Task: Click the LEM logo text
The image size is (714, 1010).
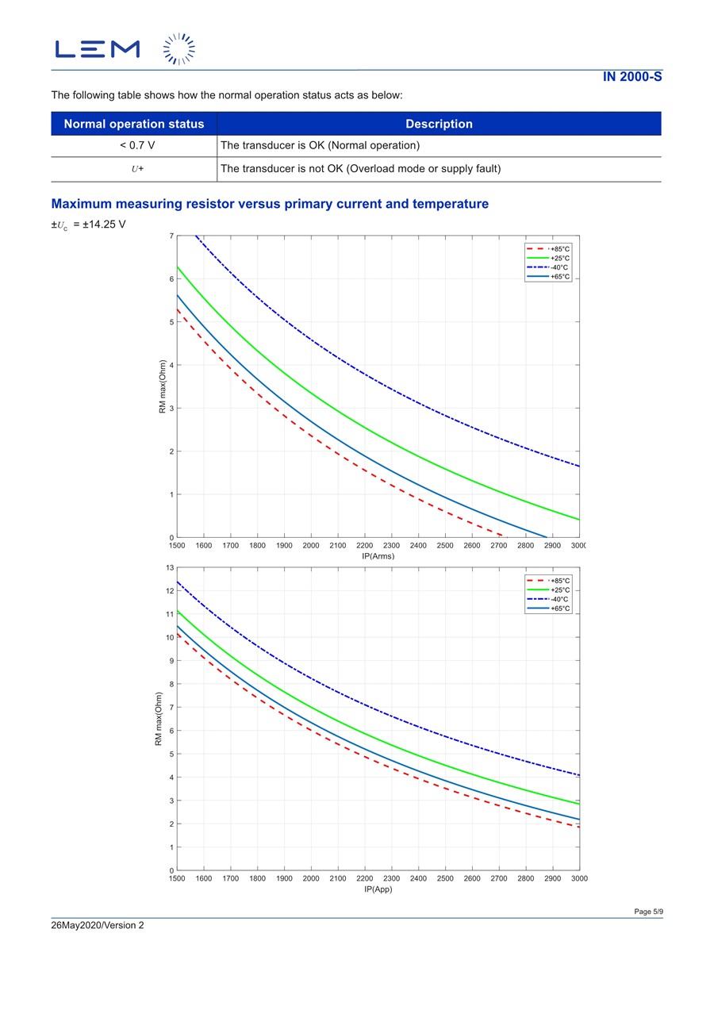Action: click(x=97, y=49)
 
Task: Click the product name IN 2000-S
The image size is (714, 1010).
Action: click(x=631, y=77)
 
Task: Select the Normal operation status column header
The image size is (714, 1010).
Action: click(x=134, y=124)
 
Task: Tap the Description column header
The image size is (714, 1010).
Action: click(x=439, y=124)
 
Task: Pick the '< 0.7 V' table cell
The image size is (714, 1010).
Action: click(x=134, y=146)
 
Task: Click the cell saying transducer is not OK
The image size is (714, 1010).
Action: click(x=360, y=169)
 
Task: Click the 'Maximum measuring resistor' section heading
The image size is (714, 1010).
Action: click(x=270, y=204)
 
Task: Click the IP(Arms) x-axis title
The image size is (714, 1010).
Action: click(x=378, y=556)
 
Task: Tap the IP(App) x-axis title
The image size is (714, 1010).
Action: click(x=378, y=889)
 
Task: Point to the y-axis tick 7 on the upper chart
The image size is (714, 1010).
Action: click(x=171, y=236)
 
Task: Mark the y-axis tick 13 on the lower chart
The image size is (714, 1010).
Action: click(x=169, y=568)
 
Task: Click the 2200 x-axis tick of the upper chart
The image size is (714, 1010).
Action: click(x=364, y=546)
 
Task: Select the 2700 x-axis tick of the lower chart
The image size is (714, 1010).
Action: click(x=498, y=878)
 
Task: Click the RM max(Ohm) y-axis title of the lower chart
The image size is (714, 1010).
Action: click(x=159, y=719)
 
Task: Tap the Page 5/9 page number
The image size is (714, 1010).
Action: click(x=648, y=912)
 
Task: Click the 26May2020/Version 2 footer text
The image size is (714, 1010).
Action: click(x=98, y=925)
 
